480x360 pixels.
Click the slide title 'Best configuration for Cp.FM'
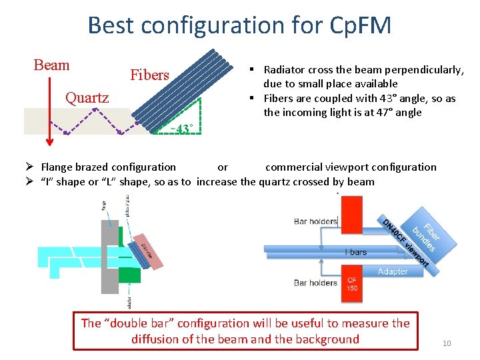[x=239, y=25]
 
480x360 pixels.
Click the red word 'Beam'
[x=51, y=65]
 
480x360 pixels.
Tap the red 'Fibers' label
[x=149, y=75]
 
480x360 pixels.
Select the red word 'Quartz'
[x=87, y=98]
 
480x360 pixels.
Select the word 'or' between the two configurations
[x=223, y=167]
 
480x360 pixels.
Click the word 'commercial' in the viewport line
[x=290, y=167]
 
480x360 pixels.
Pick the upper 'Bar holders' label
[x=315, y=221]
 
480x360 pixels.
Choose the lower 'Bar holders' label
[x=315, y=283]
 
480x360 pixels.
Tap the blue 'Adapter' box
[x=392, y=271]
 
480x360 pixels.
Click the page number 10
[x=446, y=343]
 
